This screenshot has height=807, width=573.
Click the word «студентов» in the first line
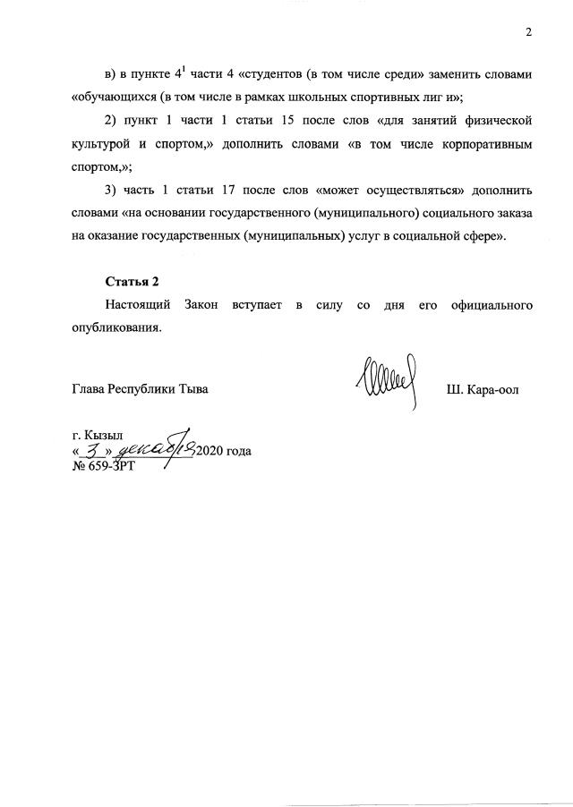(x=274, y=74)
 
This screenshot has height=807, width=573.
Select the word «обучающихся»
(x=115, y=98)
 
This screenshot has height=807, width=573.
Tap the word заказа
(x=513, y=214)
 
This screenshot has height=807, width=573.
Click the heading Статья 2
(x=125, y=283)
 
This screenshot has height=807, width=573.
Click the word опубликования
(x=116, y=328)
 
